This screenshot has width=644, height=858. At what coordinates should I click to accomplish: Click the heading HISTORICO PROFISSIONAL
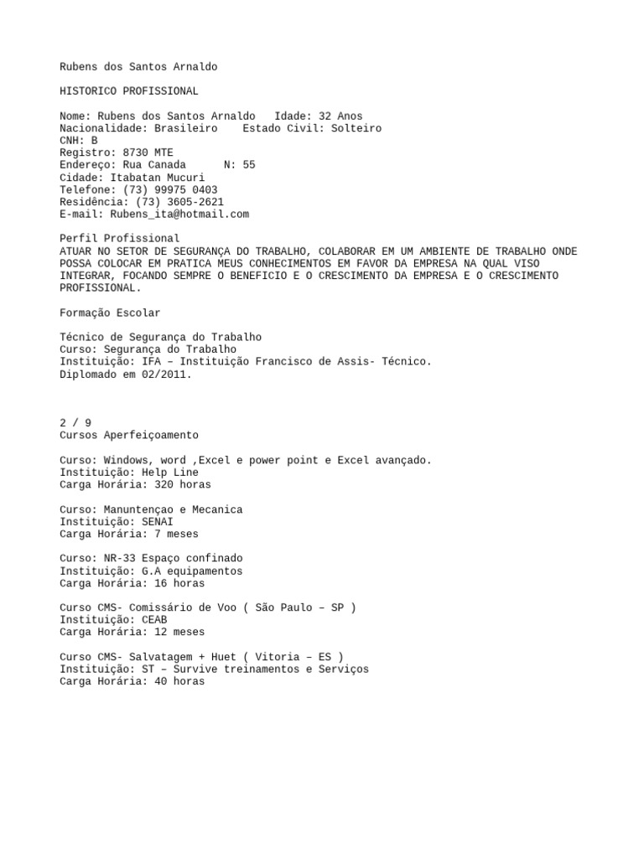129,91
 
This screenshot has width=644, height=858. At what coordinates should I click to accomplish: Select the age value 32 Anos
341,116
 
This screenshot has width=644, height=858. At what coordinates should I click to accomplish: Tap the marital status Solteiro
356,128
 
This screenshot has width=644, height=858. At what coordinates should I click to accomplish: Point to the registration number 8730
138,152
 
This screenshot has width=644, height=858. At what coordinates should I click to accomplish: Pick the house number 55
249,165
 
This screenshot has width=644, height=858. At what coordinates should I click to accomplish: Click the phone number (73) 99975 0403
164,189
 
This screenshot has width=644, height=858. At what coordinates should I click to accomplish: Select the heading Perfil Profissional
120,239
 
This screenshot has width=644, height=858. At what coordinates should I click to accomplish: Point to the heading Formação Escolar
110,313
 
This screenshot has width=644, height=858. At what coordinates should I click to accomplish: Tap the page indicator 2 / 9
75,423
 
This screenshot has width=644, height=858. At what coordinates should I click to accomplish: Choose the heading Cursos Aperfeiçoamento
129,436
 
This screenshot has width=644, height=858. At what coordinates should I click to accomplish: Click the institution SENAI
158,521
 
